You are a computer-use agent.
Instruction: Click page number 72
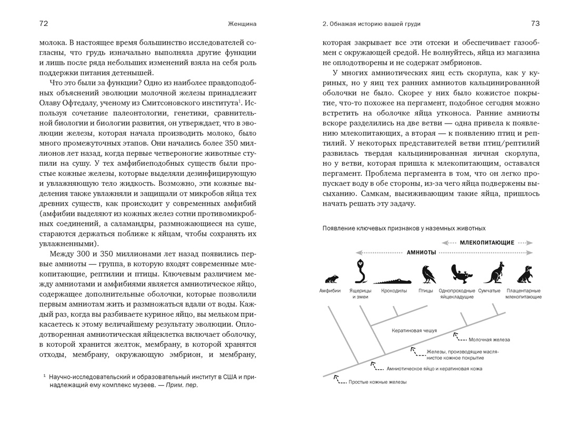tap(44, 24)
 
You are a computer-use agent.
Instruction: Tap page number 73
tap(535, 24)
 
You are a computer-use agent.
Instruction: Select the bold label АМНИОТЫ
tap(421, 253)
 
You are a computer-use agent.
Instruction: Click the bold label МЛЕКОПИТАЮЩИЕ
tap(487, 243)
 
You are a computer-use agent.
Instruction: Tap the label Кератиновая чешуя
tap(414, 331)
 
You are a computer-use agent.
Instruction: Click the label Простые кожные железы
tap(377, 382)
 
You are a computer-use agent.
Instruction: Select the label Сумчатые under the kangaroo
tap(490, 290)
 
